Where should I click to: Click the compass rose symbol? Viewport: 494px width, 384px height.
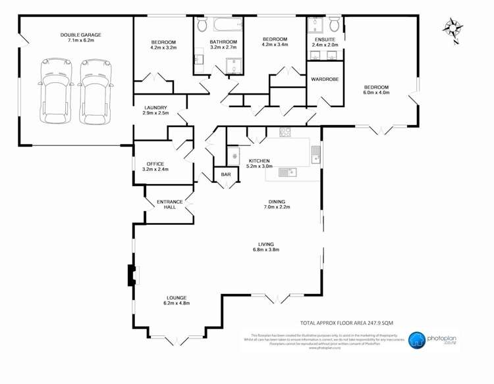point(453,28)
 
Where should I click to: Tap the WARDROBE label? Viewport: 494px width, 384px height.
point(324,79)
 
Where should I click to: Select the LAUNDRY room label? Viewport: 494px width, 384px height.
point(155,108)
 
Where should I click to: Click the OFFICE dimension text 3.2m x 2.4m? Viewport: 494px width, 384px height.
point(155,170)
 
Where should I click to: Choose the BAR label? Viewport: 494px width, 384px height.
point(226,175)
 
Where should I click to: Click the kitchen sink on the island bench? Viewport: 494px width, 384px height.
point(288,173)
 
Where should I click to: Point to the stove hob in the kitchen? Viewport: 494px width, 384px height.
point(285,132)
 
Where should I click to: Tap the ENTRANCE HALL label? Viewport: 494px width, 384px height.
point(169,204)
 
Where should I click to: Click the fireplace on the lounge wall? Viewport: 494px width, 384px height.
point(132,275)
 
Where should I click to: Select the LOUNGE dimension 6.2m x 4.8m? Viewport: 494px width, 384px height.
point(177,303)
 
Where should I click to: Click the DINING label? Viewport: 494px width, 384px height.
point(276,202)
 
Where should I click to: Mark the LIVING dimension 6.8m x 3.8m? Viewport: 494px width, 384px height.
point(266,250)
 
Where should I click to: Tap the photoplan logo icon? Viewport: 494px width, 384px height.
point(417,340)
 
